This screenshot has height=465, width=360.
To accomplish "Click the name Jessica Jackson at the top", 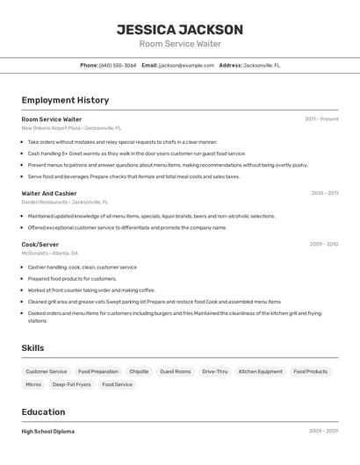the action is click(180, 29).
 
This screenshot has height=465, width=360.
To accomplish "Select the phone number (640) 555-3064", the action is click(119, 65).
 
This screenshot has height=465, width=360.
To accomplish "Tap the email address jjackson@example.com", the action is click(186, 65).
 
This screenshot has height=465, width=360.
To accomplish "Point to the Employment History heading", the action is click(65, 100).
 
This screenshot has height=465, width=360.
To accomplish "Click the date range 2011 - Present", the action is click(321, 118).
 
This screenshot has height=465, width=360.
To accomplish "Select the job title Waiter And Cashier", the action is click(49, 193).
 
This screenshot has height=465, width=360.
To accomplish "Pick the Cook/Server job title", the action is click(40, 244).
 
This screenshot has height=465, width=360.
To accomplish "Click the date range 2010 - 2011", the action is click(324, 193).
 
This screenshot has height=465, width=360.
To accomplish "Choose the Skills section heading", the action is click(32, 347).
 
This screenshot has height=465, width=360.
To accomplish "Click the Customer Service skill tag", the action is click(46, 371).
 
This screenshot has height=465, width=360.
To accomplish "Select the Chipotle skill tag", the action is click(139, 371).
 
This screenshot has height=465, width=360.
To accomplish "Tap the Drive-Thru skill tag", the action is click(214, 371).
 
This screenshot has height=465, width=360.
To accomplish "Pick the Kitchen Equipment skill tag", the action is click(261, 371).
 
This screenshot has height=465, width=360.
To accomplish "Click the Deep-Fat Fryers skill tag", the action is click(71, 384).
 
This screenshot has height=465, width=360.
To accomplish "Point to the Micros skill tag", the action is click(33, 384).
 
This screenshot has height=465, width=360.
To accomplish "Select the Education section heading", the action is click(43, 411).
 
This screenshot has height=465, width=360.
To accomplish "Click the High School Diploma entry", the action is click(48, 432).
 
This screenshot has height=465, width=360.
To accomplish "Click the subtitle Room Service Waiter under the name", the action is click(180, 44).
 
